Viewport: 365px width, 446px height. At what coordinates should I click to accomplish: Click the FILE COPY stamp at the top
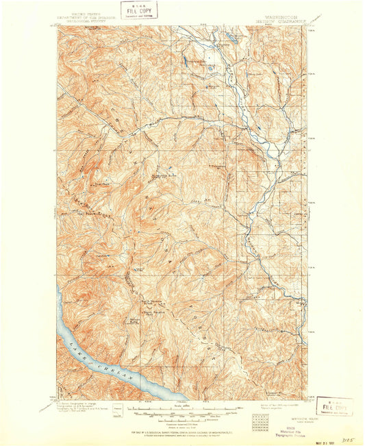pos(140,10)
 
